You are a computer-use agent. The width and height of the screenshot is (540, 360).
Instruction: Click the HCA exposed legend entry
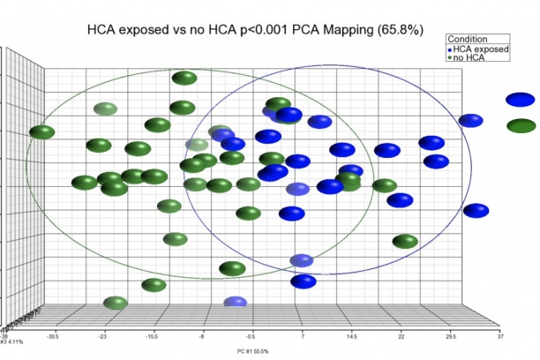click(481, 50)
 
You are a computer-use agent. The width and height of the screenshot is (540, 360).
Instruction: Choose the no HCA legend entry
click(471, 60)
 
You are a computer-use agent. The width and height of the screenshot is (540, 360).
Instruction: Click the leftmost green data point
click(41, 133)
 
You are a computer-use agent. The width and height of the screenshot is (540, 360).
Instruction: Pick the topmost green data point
click(184, 79)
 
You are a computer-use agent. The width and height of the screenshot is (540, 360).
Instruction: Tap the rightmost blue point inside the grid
click(476, 210)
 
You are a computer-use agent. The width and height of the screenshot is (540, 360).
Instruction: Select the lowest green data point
click(115, 304)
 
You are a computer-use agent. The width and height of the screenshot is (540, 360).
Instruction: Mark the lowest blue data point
click(235, 303)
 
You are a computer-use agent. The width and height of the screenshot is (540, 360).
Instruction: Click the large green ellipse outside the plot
click(521, 125)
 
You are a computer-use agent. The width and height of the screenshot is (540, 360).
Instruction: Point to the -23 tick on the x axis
click(102, 336)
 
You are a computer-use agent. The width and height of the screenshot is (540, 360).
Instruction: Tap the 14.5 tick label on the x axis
click(351, 336)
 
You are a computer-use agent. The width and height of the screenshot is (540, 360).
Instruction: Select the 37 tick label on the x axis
click(499, 336)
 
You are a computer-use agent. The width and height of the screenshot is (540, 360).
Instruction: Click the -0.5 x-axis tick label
click(251, 336)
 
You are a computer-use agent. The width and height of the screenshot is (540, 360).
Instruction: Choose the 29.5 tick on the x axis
click(450, 336)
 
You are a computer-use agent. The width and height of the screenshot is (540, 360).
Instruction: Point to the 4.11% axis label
click(12, 341)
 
